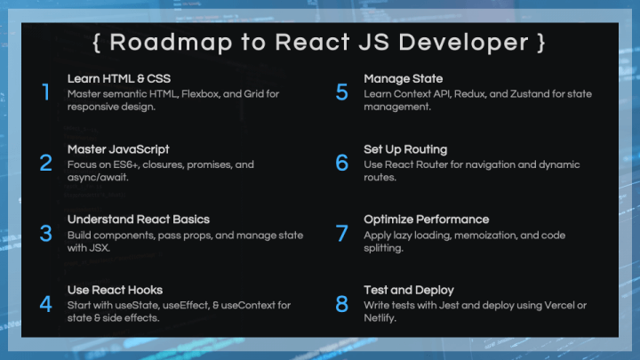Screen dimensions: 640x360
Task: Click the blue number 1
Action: [46, 92]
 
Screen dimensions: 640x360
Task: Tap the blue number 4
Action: [45, 304]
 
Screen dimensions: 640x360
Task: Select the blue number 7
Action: [341, 233]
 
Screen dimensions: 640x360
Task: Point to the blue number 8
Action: [341, 304]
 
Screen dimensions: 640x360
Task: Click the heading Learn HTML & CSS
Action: [119, 78]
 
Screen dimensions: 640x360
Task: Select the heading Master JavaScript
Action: [118, 149]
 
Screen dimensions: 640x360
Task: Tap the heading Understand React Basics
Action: [139, 220]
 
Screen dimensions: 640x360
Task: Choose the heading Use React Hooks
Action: [115, 290]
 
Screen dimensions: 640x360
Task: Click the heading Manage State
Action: [404, 78]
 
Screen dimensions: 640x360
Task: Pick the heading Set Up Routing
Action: [405, 149]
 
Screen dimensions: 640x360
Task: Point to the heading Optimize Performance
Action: [426, 220]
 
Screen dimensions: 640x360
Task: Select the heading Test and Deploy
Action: [409, 290]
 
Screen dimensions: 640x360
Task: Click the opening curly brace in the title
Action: [96, 43]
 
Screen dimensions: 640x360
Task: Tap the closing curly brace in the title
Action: [541, 43]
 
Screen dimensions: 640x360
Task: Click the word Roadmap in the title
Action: [171, 43]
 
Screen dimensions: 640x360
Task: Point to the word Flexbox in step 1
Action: [200, 94]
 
